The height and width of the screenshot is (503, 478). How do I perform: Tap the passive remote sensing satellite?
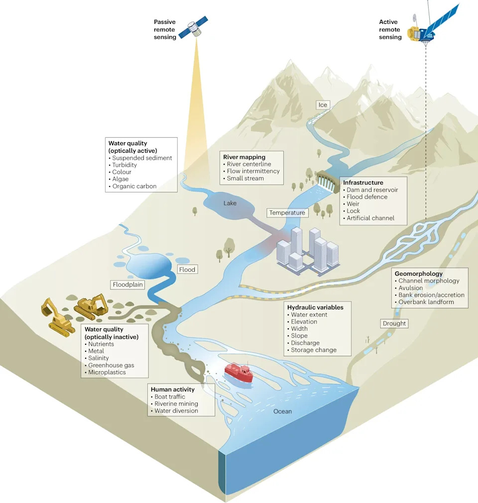pyautogui.click(x=193, y=27)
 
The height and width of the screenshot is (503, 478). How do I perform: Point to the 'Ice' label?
pyautogui.click(x=323, y=105)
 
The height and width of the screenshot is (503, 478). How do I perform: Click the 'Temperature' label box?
pyautogui.click(x=287, y=212)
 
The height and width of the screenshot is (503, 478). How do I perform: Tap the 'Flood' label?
pyautogui.click(x=187, y=270)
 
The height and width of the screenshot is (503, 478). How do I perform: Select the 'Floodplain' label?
pyautogui.click(x=128, y=285)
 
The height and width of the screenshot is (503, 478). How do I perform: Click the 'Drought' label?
pyautogui.click(x=394, y=323)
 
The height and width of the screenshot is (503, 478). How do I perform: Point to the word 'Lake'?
pyautogui.click(x=230, y=203)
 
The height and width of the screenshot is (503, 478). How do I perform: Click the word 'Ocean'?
pyautogui.click(x=282, y=411)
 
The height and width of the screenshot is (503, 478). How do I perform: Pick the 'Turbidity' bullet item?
pyautogui.click(x=122, y=165)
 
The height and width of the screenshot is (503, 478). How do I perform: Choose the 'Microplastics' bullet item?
pyautogui.click(x=105, y=372)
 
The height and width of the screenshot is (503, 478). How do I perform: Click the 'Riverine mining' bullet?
pyautogui.click(x=174, y=403)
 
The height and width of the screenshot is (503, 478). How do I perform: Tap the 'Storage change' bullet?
pyautogui.click(x=312, y=350)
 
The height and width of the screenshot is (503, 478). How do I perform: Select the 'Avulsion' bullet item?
pyautogui.click(x=409, y=288)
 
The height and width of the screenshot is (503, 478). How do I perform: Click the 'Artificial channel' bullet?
pyautogui.click(x=368, y=218)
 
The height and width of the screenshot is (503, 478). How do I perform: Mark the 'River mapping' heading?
pyautogui.click(x=244, y=157)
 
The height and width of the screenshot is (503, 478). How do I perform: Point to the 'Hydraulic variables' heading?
pyautogui.click(x=315, y=307)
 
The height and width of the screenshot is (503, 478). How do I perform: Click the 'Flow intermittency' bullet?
pyautogui.click(x=251, y=171)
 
